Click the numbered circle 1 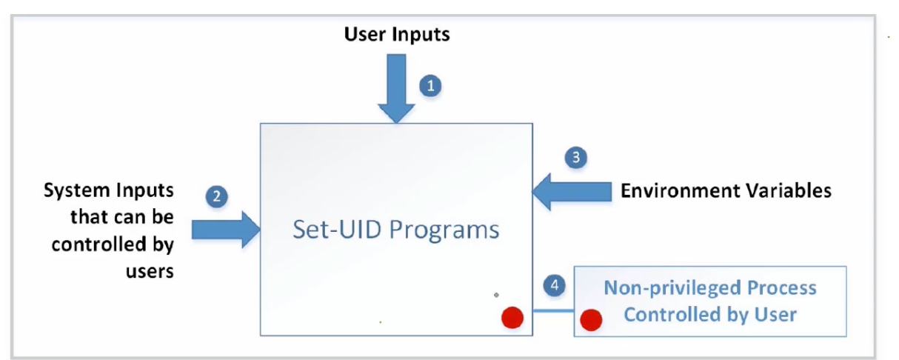431,86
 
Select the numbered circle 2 217,196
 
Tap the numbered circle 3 576,157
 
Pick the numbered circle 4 555,285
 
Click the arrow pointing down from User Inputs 396,88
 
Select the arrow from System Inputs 226,230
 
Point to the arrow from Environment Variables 572,192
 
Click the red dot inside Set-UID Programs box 512,318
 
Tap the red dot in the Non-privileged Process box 591,320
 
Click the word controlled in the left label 98,244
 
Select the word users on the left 150,272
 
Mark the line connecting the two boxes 553,310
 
